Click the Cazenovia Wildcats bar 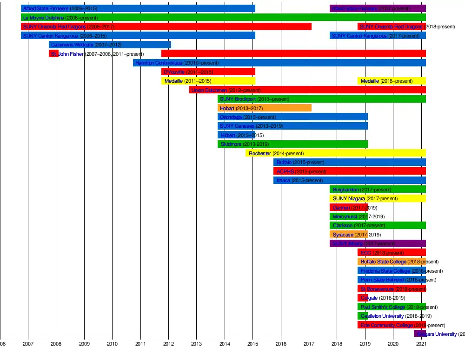pos(110,45)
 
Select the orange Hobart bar pos(264,108)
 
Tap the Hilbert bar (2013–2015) pos(236,135)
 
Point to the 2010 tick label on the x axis pos(112,344)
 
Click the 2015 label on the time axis pos(252,344)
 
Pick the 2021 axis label pos(421,344)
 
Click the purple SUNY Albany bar pos(378,243)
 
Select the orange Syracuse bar pos(348,235)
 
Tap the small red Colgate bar pos(362,298)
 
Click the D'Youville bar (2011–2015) pos(208,72)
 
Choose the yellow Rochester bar pos(335,153)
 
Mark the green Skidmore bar pos(292,144)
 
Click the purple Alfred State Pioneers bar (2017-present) pos(378,8)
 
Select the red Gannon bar pos(348,208)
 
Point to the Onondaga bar pos(292,117)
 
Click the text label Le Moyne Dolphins pos(44,18)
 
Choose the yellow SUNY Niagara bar pos(378,198)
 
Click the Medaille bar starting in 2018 pos(392,81)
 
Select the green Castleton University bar pos(363,316)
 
